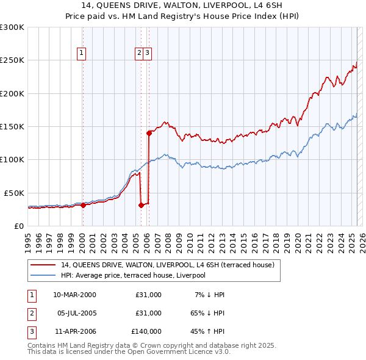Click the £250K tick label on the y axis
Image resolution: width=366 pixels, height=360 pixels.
point(12,60)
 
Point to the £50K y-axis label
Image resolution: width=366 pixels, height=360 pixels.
point(13,193)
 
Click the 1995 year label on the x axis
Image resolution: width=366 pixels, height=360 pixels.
point(28,238)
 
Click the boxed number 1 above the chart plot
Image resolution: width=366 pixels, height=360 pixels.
point(82,53)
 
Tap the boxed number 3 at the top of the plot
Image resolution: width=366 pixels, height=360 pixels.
point(148,53)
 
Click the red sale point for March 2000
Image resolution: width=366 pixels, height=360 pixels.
point(83,205)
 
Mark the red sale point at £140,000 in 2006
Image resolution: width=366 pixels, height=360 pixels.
point(149,132)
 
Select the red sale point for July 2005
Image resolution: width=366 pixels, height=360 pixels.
point(141,205)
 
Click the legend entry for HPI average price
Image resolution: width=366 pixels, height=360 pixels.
point(133,275)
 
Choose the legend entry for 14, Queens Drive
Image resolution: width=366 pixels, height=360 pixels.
point(168,265)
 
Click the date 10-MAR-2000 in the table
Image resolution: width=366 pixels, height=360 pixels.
point(74,295)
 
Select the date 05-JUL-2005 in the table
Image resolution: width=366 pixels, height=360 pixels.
point(74,313)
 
